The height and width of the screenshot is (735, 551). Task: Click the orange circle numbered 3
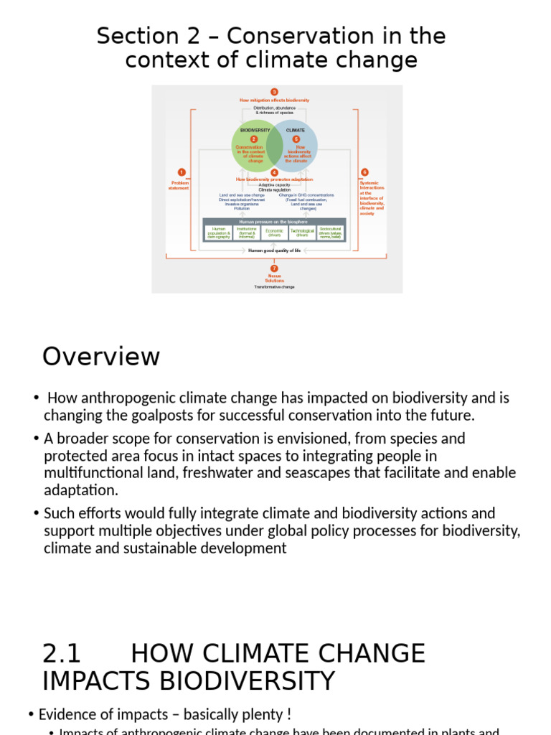click(274, 92)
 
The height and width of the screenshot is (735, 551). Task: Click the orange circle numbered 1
click(182, 172)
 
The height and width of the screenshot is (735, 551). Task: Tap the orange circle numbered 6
click(364, 172)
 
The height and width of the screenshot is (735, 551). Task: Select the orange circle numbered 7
click(274, 268)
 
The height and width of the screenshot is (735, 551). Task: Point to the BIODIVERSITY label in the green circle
click(255, 131)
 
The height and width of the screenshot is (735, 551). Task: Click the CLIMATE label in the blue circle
click(296, 131)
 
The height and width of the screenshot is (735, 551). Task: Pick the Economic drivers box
click(274, 233)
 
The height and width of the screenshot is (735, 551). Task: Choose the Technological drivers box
click(302, 233)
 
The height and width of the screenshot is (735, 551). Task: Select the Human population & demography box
click(219, 233)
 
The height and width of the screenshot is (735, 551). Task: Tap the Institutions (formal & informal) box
click(247, 233)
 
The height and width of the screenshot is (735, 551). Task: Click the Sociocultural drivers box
click(330, 233)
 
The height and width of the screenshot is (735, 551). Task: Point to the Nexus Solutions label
click(274, 278)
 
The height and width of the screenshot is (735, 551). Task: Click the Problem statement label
click(179, 185)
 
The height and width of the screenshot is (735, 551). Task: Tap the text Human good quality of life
click(274, 251)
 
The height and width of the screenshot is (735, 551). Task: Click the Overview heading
click(101, 357)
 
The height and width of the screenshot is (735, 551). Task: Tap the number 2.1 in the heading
click(62, 654)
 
